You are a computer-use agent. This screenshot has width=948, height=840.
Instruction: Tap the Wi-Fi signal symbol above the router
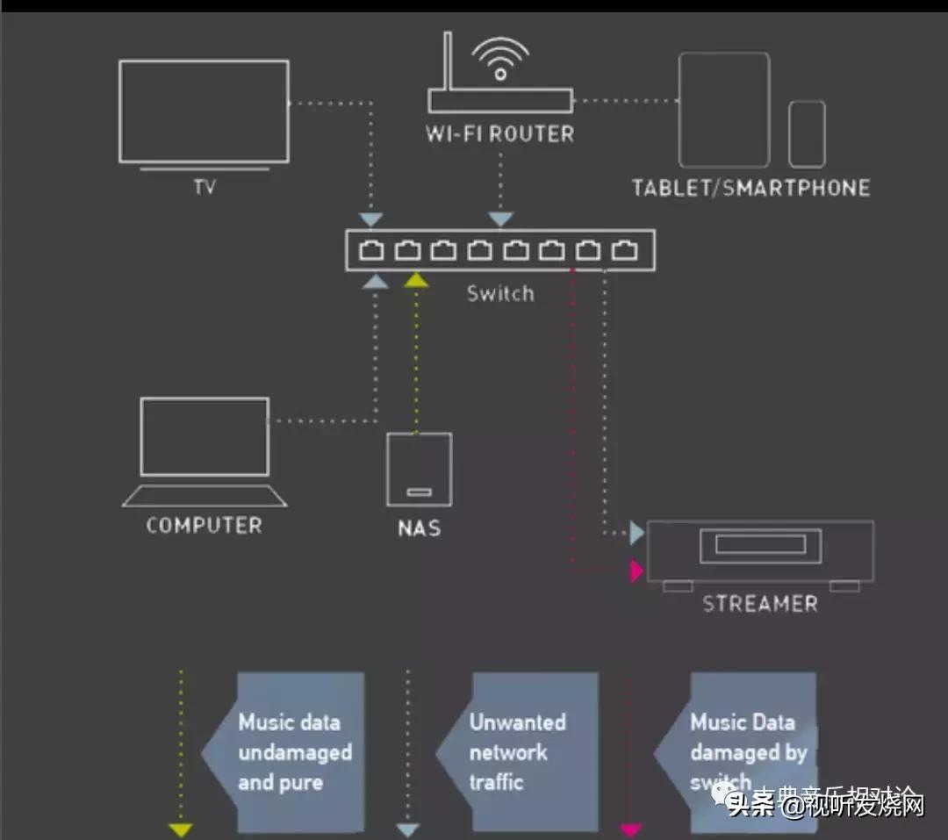(x=500, y=61)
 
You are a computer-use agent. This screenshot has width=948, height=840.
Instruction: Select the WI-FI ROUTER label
(x=499, y=134)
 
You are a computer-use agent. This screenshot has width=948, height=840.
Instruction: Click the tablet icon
(x=723, y=110)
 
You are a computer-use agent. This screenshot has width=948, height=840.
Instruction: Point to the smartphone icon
(x=806, y=133)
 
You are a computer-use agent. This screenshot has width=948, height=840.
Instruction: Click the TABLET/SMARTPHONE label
(x=750, y=188)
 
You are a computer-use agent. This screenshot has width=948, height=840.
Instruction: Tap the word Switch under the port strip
(x=500, y=293)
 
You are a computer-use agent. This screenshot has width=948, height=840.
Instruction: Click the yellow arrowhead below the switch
(x=416, y=280)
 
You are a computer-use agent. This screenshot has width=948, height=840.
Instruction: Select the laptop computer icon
(x=205, y=451)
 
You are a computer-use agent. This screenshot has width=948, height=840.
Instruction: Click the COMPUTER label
(x=204, y=526)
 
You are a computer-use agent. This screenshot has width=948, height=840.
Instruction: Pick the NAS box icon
(x=420, y=469)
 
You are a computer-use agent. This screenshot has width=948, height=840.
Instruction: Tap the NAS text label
(x=419, y=528)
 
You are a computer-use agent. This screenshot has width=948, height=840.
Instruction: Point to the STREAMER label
(x=760, y=604)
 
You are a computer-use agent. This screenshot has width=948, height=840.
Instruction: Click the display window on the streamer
(x=760, y=544)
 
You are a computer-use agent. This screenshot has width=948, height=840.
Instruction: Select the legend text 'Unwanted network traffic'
(x=517, y=752)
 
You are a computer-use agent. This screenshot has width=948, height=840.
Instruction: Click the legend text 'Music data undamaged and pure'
(x=295, y=752)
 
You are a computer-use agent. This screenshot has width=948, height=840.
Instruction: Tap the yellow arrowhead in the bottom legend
(x=181, y=829)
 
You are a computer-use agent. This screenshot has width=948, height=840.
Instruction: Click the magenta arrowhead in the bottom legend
(x=630, y=829)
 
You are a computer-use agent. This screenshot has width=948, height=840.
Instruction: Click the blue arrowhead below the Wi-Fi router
(x=500, y=219)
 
